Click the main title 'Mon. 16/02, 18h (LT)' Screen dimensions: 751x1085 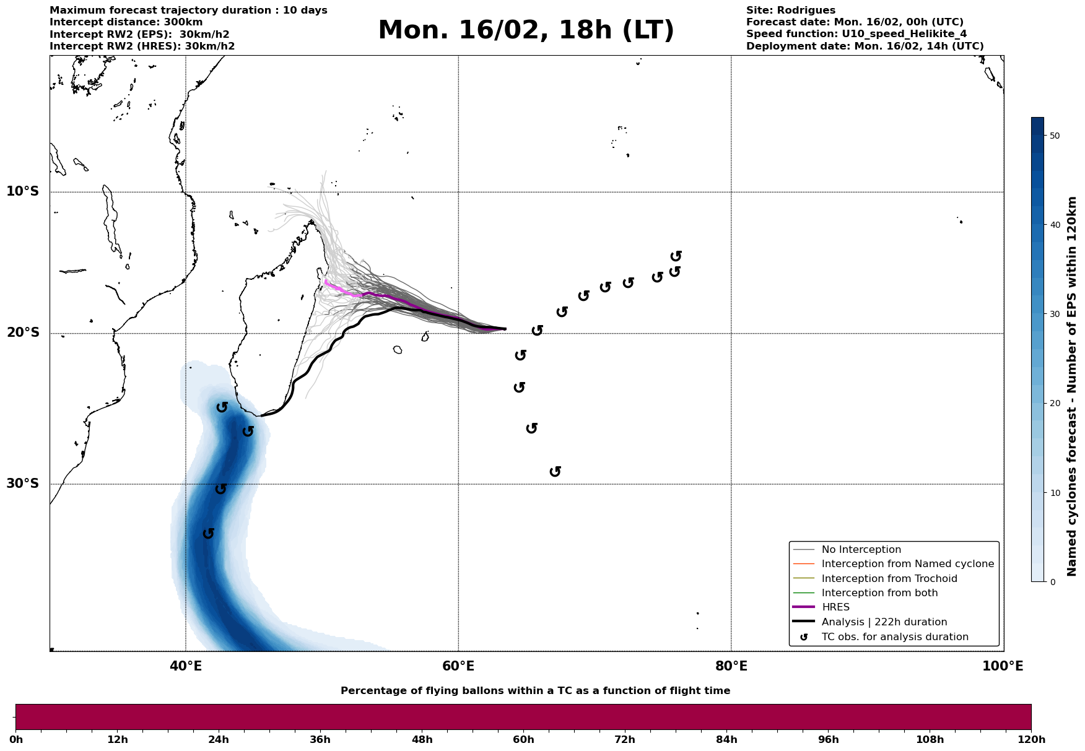coord(526,30)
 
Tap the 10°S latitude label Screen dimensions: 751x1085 coord(23,191)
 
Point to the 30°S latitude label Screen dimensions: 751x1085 coord(23,484)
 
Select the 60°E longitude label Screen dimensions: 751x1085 coord(458,666)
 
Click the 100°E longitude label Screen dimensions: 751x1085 coord(1003,666)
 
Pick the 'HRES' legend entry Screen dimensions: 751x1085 coord(835,607)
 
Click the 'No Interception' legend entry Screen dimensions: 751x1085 coord(861,550)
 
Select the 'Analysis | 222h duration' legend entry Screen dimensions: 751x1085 coord(884,622)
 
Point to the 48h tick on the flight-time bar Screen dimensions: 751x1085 coord(422,739)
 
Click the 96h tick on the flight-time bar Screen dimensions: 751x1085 coord(829,739)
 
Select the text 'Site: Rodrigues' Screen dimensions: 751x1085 coord(790,11)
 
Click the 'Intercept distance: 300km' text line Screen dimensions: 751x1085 coord(126,22)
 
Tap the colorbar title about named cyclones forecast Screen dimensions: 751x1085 coord(1073,386)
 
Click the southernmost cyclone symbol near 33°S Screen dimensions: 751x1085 coord(209,533)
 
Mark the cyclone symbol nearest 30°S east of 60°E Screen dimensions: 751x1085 coord(556,472)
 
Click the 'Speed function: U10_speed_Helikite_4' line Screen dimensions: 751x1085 coord(856,34)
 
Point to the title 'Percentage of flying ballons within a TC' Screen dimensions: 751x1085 coord(535,691)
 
